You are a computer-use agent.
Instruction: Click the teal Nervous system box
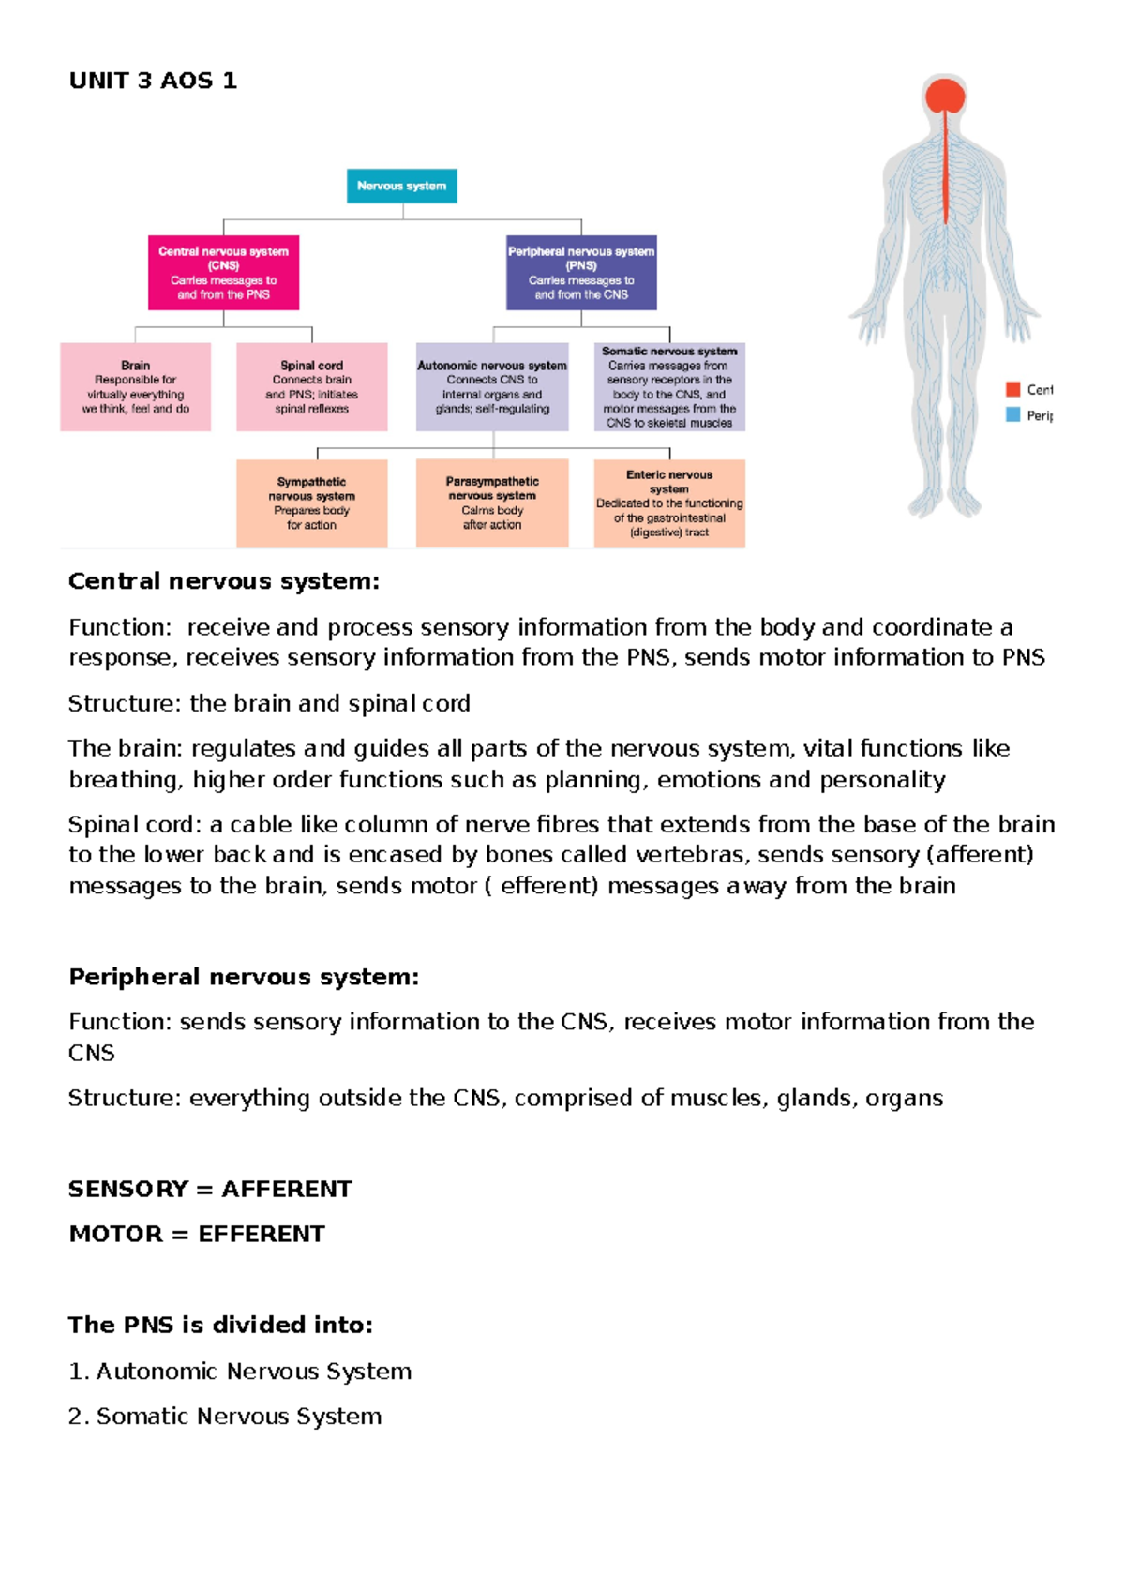pyautogui.click(x=401, y=186)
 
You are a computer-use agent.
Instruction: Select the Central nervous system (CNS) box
pyautogui.click(x=223, y=273)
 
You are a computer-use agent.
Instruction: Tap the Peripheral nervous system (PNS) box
pyautogui.click(x=581, y=273)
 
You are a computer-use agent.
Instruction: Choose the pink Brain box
pyautogui.click(x=135, y=387)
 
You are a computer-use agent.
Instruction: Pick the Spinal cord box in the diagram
pyautogui.click(x=311, y=387)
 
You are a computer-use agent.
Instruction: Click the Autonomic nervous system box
pyautogui.click(x=492, y=387)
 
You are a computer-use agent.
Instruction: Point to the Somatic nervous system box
pyautogui.click(x=669, y=387)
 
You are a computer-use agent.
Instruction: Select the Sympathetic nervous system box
pyautogui.click(x=311, y=503)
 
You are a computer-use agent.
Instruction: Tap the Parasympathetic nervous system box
pyautogui.click(x=492, y=503)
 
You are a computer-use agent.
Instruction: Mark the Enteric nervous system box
pyautogui.click(x=669, y=503)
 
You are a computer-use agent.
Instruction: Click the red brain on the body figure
pyautogui.click(x=945, y=96)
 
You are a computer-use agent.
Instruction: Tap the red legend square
pyautogui.click(x=1012, y=389)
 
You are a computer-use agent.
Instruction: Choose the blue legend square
pyautogui.click(x=1012, y=414)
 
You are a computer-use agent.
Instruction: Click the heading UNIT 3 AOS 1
pyautogui.click(x=153, y=81)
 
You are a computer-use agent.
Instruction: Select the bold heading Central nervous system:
pyautogui.click(x=224, y=581)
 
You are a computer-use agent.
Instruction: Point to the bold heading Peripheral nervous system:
pyautogui.click(x=244, y=977)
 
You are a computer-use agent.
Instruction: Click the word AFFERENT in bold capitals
pyautogui.click(x=287, y=1189)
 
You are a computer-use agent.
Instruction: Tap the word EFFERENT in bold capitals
pyautogui.click(x=262, y=1234)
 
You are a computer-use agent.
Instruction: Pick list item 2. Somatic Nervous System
pyautogui.click(x=225, y=1416)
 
